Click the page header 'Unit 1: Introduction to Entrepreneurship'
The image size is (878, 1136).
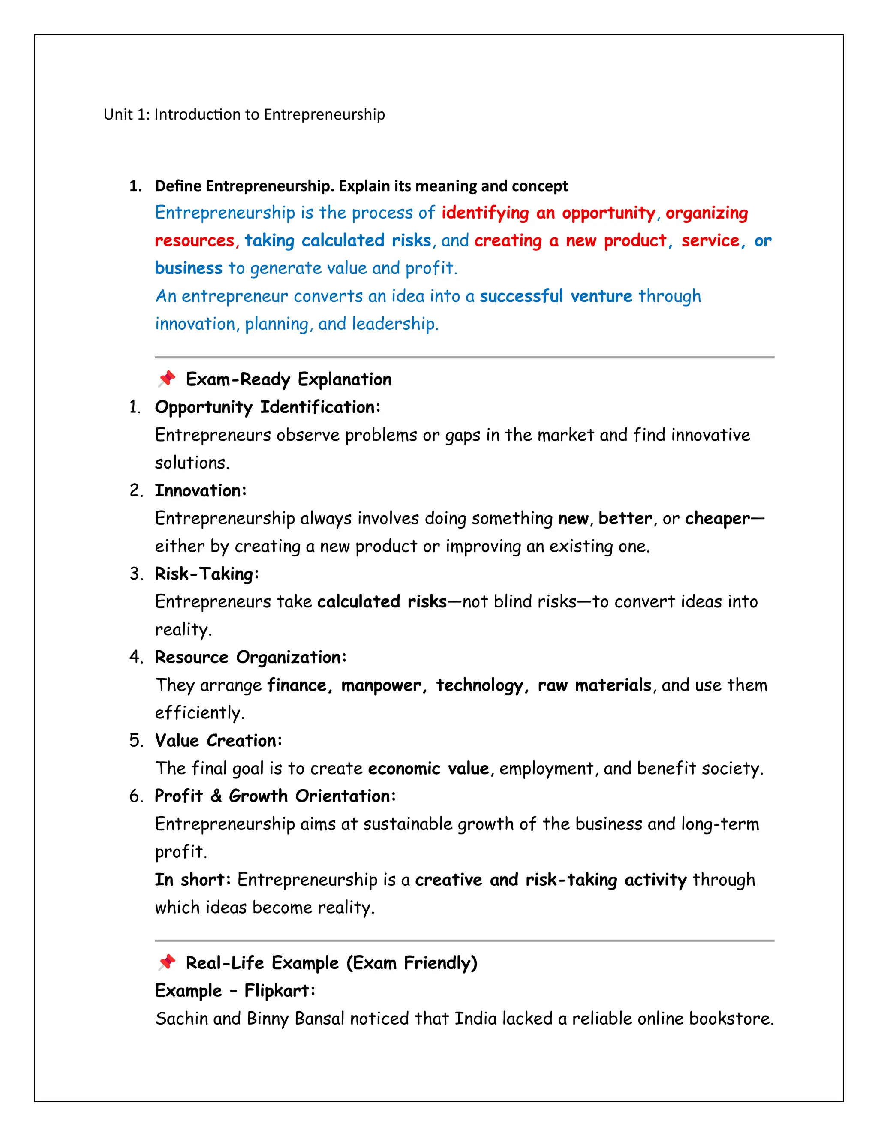coord(244,114)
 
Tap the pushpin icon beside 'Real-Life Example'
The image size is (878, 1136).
coord(166,962)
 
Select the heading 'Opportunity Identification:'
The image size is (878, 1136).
coord(268,407)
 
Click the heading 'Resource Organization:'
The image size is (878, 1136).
coord(250,658)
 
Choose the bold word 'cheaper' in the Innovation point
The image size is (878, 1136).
coord(717,519)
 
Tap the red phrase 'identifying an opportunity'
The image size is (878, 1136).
coord(548,213)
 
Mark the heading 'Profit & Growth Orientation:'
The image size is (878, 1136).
coord(275,796)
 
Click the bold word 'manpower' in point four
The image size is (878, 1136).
coord(380,685)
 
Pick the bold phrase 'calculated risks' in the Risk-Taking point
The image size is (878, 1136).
coord(382,602)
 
